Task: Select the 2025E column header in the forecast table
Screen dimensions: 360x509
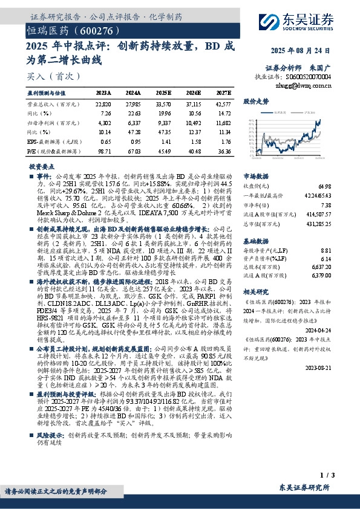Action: pyautogui.click(x=163, y=92)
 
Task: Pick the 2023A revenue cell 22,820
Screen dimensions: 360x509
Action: pyautogui.click(x=103, y=104)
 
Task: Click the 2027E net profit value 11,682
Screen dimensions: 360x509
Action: pyautogui.click(x=223, y=123)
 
